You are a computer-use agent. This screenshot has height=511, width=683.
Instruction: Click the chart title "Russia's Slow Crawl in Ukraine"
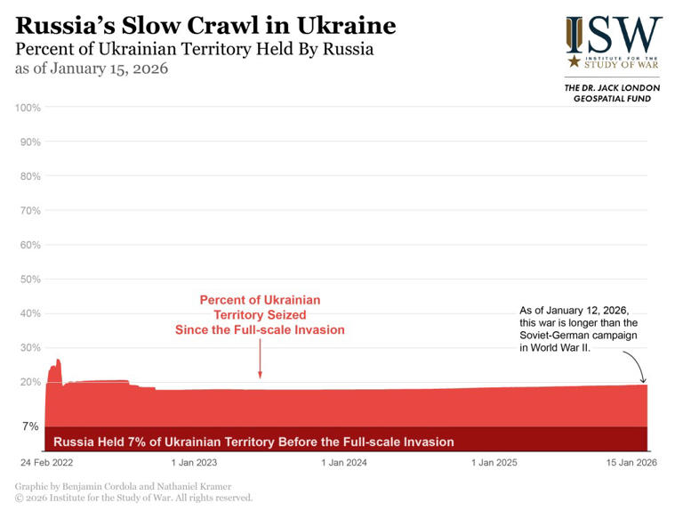(x=205, y=24)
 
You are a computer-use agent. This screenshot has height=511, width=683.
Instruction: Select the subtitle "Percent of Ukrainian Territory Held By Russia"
(x=194, y=49)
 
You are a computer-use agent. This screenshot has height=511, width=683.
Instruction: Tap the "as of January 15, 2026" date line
(x=92, y=69)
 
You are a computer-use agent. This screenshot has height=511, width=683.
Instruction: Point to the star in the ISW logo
(x=574, y=61)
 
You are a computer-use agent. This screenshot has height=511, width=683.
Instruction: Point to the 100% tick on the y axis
(x=28, y=108)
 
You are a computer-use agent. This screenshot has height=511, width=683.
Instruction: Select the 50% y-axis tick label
(x=31, y=280)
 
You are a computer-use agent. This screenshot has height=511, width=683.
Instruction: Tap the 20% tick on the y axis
(x=31, y=382)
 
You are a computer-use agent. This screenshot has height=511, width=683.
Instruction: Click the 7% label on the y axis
(x=31, y=426)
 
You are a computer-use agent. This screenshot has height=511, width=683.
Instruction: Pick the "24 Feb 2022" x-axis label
(x=48, y=463)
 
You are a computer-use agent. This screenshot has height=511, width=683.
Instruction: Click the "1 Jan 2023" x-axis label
(x=194, y=463)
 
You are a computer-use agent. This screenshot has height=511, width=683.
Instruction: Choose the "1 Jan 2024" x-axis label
(x=344, y=463)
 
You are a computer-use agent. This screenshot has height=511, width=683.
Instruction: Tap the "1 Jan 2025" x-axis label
(x=494, y=463)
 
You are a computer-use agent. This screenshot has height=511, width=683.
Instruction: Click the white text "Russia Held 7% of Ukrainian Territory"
(x=254, y=442)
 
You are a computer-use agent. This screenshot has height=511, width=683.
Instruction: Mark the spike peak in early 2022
(x=58, y=361)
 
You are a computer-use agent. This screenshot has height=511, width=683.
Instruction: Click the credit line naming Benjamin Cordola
(x=123, y=486)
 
